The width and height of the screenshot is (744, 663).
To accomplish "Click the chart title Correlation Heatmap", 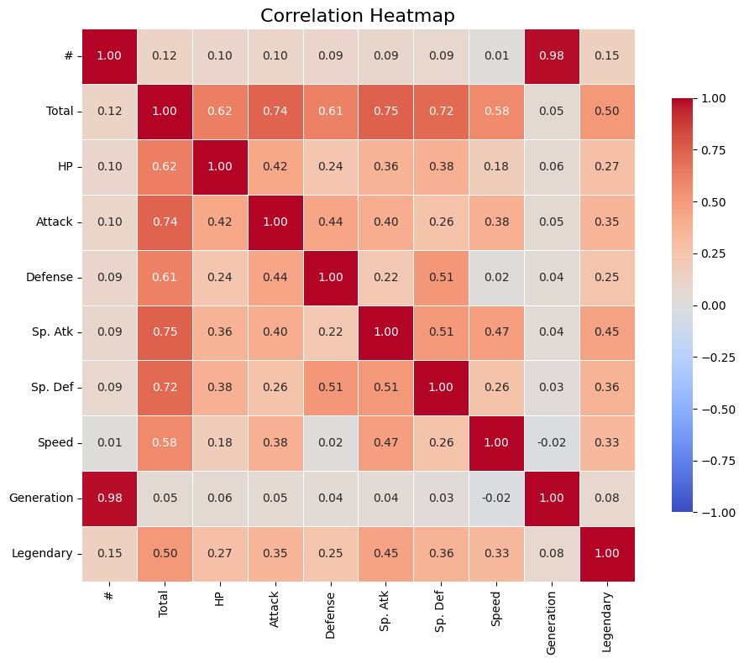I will point(359,15).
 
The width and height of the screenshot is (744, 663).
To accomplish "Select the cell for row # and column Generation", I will point(552,56).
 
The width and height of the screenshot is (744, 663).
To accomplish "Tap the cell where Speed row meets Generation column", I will point(552,442).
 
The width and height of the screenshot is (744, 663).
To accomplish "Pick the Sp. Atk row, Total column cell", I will point(165,331).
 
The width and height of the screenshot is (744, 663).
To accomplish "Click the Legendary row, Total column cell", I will point(165,553).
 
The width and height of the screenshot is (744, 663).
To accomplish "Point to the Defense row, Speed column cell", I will point(496,277).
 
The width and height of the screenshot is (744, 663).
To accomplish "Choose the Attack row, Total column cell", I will point(165,222).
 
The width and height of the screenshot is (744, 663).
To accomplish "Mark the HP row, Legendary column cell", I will point(607,166).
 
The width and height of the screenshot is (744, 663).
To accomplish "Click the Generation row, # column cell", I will point(109,498).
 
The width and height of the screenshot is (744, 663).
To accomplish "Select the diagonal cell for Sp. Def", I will point(441,387).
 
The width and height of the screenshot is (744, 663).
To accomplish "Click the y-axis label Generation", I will point(41,498).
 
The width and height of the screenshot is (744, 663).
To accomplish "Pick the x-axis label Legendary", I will point(607,610).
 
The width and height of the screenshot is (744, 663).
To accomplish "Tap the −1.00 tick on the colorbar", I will point(719,512).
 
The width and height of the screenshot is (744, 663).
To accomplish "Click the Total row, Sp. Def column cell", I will point(441,111).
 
